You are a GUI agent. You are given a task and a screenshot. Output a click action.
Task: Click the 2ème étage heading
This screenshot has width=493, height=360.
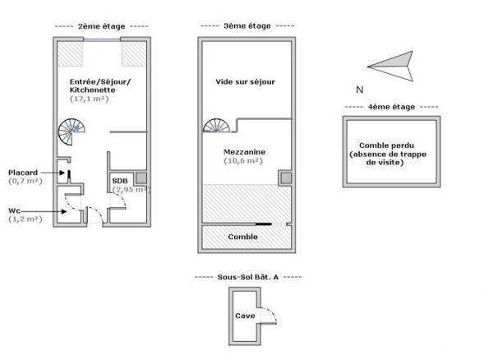(x=101, y=26)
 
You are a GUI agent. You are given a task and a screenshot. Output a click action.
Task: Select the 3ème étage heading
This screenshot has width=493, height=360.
(x=246, y=26)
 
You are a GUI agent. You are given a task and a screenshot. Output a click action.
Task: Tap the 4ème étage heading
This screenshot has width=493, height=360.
(x=391, y=107)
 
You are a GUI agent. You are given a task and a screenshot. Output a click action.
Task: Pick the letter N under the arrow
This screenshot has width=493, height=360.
(x=359, y=89)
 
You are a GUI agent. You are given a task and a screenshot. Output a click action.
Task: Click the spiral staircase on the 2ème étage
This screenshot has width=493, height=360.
(x=71, y=131)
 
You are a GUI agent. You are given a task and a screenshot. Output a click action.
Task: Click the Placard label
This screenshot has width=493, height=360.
(x=23, y=172)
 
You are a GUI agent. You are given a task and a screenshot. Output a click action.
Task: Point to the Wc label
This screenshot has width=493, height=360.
(x=14, y=210)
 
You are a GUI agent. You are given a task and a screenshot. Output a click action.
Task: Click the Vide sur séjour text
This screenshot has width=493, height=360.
(x=245, y=81)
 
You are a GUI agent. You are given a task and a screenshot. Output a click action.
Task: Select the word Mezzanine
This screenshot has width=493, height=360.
(x=242, y=152)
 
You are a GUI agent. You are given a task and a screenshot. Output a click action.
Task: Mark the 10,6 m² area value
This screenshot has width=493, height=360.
(x=242, y=161)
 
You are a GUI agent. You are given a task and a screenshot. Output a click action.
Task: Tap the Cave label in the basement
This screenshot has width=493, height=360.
(x=245, y=316)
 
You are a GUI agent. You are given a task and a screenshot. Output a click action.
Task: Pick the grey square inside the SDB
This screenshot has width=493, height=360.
(x=141, y=177)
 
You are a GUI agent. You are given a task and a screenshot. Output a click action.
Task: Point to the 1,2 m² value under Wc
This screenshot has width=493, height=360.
(x=25, y=219)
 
